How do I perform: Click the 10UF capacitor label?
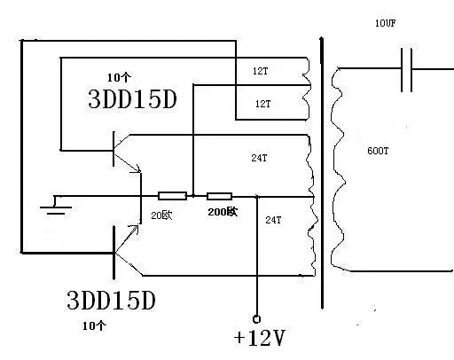pyautogui.click(x=385, y=23)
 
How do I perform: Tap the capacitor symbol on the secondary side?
pyautogui.click(x=406, y=70)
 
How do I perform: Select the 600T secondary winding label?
pyautogui.click(x=378, y=151)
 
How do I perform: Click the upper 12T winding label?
pyautogui.click(x=260, y=71)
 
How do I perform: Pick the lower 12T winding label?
pyautogui.click(x=262, y=104)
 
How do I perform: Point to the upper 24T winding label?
pyautogui.click(x=259, y=158)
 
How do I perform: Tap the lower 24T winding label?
pyautogui.click(x=273, y=220)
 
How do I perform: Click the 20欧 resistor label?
pyautogui.click(x=161, y=215)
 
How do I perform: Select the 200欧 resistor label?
pyautogui.click(x=223, y=212)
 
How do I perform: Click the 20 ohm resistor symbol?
pyautogui.click(x=172, y=196)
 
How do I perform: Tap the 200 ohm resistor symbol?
pyautogui.click(x=219, y=196)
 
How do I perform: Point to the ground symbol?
pyautogui.click(x=56, y=205)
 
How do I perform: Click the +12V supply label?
pyautogui.click(x=259, y=338)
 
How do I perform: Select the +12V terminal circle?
pyautogui.click(x=256, y=319)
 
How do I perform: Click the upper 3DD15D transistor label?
pyautogui.click(x=132, y=99)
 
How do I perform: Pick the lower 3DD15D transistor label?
pyautogui.click(x=111, y=301)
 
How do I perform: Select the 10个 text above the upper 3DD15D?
pyautogui.click(x=119, y=77)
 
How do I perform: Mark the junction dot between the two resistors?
pyautogui.click(x=193, y=196)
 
